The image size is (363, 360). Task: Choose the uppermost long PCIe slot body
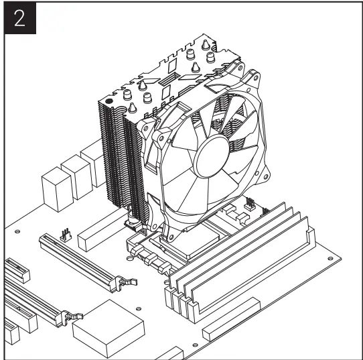coord(80,261)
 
